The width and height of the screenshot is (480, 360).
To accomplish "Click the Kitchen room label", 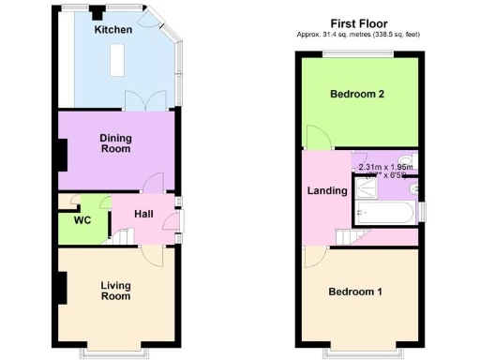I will pyautogui.click(x=112, y=30).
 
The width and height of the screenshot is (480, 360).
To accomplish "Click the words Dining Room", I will pyautogui.click(x=116, y=143).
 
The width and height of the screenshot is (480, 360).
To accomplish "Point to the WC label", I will pyautogui.click(x=83, y=220).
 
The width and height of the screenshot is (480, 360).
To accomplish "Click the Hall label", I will pyautogui.click(x=142, y=214).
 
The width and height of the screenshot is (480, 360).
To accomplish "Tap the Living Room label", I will pyautogui.click(x=115, y=290).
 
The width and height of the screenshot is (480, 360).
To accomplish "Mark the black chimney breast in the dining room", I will pyautogui.click(x=62, y=154).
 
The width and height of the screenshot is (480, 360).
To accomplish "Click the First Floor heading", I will pyautogui.click(x=359, y=23).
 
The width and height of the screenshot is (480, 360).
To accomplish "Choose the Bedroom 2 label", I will pyautogui.click(x=357, y=94).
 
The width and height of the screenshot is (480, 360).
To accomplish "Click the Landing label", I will pyautogui.click(x=327, y=190).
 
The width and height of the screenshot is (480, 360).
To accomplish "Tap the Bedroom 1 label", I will pyautogui.click(x=355, y=292).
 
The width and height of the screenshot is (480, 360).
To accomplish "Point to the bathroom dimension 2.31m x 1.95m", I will pyautogui.click(x=384, y=168).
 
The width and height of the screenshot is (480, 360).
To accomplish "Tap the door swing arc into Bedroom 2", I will pyautogui.click(x=319, y=141).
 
